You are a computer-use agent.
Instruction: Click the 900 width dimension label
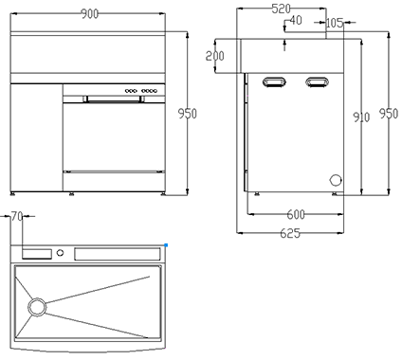point(90,14)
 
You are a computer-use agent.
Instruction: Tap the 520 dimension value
point(281,9)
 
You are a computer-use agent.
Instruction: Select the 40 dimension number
point(296,20)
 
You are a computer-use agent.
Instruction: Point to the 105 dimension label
point(335,23)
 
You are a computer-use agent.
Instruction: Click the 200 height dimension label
point(215,56)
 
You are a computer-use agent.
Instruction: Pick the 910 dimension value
point(361,117)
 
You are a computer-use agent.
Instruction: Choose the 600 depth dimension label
point(296,215)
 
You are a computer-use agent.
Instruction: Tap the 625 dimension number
point(290,234)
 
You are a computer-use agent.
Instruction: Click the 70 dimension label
point(17,217)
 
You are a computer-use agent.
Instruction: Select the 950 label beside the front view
point(187,114)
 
